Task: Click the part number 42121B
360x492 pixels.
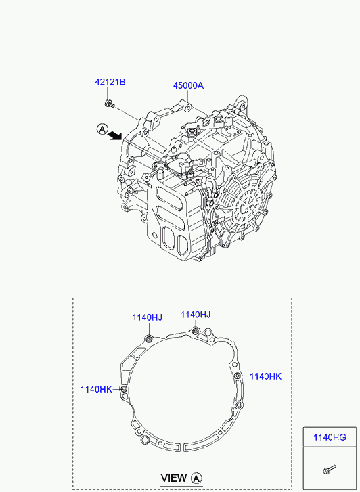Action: [110, 82]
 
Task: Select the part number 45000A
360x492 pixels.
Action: [188, 85]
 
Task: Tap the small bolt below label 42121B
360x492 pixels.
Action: [110, 104]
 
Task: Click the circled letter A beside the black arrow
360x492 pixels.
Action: [102, 129]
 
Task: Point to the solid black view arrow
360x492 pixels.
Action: [115, 135]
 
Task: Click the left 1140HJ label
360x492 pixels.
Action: [147, 317]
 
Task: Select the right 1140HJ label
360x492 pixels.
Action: [195, 315]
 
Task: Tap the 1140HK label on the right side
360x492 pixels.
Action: [265, 376]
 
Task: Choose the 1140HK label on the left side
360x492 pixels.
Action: [96, 390]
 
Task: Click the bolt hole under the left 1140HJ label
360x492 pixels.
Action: [149, 339]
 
